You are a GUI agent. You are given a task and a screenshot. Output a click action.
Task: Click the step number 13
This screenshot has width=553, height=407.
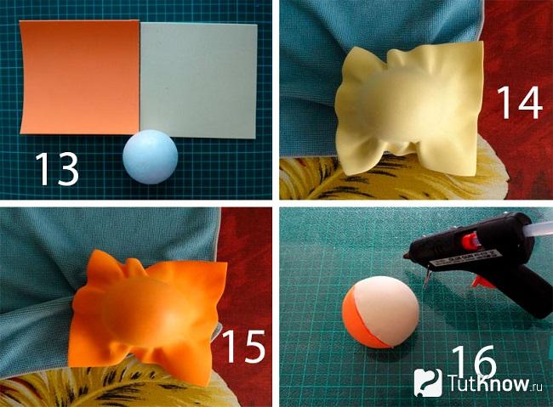point(56,169)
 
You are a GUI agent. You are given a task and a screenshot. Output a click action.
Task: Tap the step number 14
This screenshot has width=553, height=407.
point(519,103)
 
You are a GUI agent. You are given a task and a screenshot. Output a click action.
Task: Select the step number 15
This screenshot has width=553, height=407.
point(243,347)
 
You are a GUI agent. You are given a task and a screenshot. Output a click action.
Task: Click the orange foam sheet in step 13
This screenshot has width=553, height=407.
point(79,77)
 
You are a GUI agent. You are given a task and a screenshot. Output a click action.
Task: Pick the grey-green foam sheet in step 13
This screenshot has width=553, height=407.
point(198,81)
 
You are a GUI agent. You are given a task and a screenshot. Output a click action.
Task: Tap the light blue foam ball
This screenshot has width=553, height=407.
point(151,157)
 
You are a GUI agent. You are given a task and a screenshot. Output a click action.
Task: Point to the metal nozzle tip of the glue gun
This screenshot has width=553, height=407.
point(407,257)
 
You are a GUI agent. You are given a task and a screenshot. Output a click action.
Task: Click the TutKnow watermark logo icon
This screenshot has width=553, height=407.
point(428,383)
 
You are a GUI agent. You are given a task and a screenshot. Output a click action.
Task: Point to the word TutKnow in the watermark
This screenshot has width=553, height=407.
point(489,383)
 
